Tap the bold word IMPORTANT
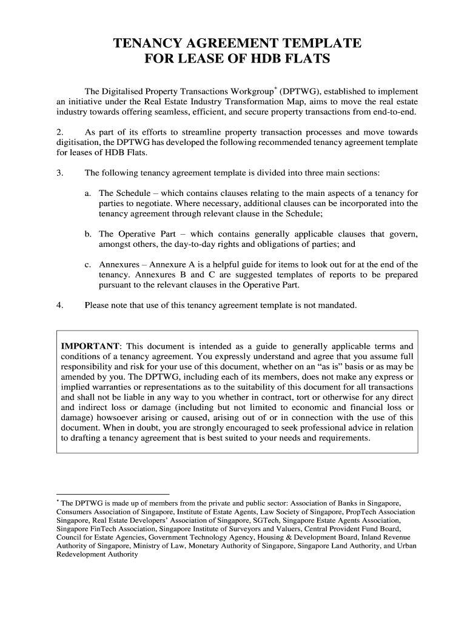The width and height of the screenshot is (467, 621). pyautogui.click(x=90, y=346)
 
